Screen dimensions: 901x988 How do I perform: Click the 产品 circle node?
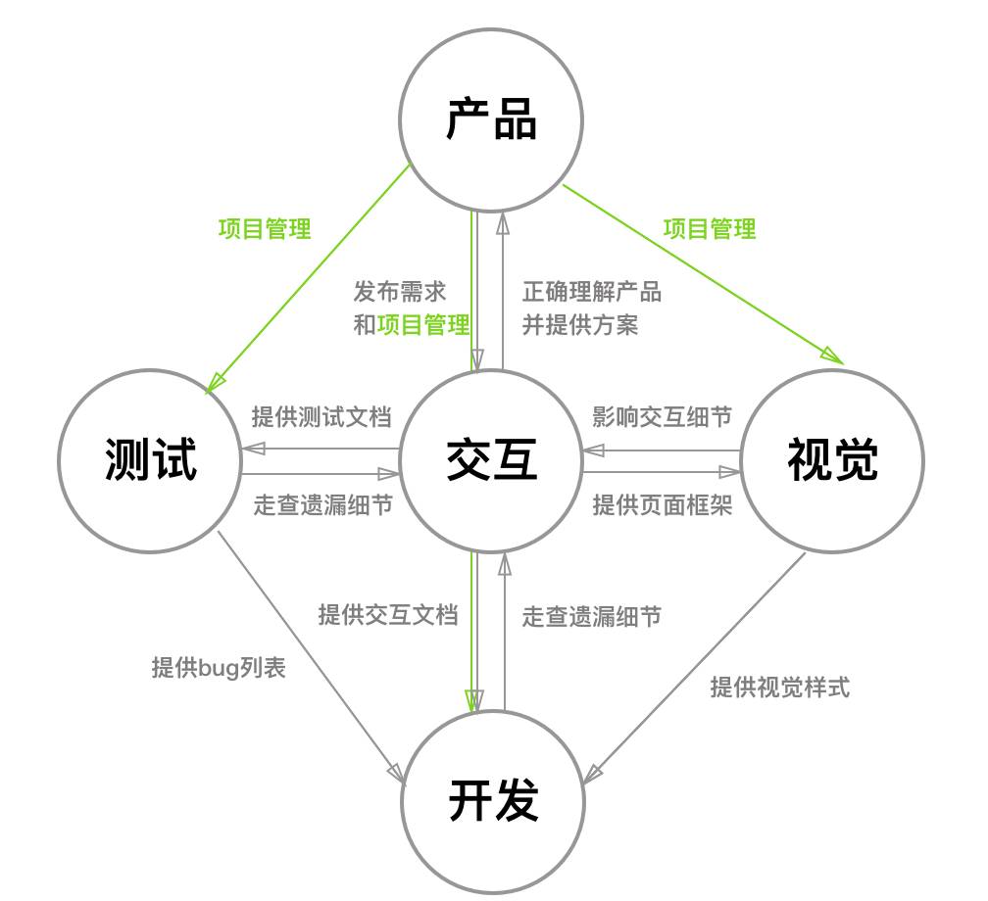pos(491,119)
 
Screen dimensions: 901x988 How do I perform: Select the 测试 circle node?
pos(150,460)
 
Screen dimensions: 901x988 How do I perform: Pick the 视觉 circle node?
pos(832,460)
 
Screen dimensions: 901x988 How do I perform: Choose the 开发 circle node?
pos(493,801)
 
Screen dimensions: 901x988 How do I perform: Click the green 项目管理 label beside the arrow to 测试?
pos(265,229)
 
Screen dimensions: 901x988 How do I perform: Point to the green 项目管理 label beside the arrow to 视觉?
pos(710,229)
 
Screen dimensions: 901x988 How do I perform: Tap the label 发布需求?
pos(400,291)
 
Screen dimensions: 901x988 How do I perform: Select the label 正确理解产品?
pos(592,291)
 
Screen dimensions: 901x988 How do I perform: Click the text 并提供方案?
pos(580,325)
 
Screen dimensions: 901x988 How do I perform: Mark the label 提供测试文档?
pos(321,416)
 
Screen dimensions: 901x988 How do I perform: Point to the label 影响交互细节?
pos(663,416)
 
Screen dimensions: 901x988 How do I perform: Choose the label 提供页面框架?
pos(663,505)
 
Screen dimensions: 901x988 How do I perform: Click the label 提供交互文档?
pos(388,615)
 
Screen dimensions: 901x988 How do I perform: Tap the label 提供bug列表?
pos(219,668)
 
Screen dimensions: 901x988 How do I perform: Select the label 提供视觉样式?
pos(780,688)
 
